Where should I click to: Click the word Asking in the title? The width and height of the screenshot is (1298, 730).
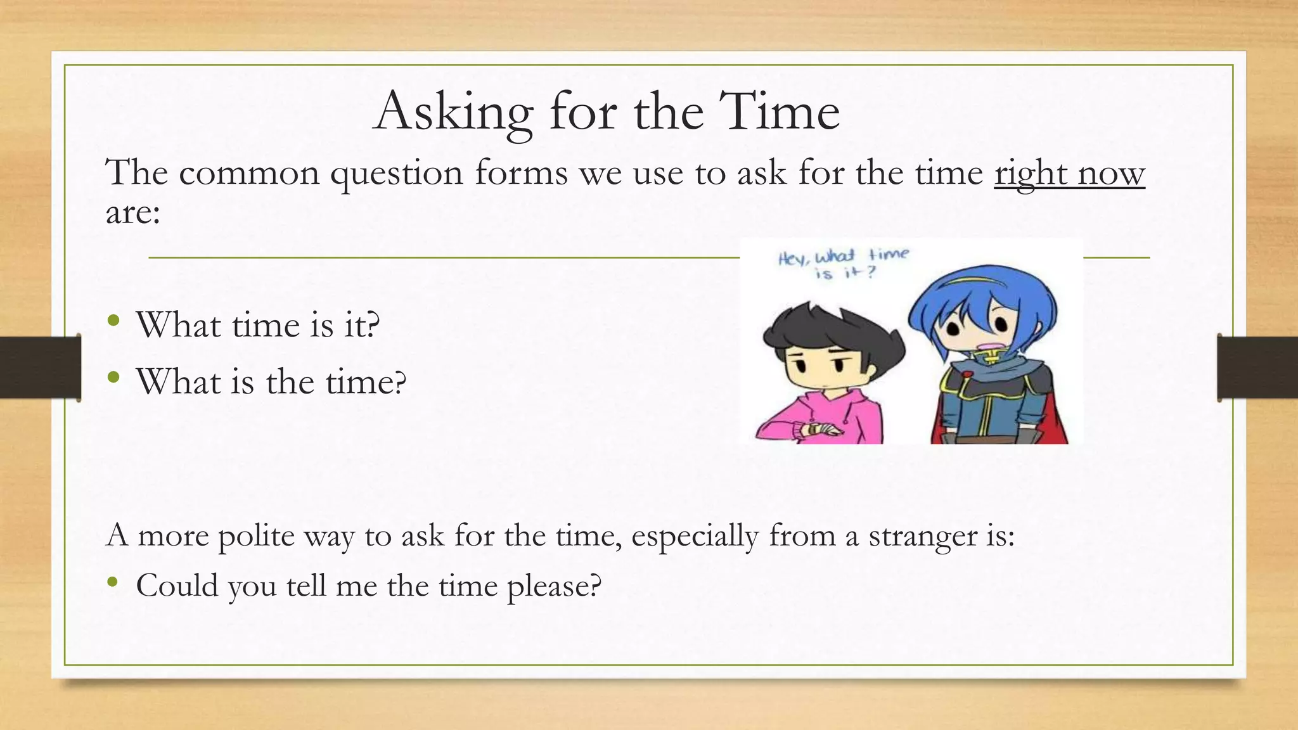tap(453, 113)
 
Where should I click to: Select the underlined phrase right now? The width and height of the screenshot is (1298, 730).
tap(1069, 173)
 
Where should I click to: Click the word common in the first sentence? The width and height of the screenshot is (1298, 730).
tap(249, 173)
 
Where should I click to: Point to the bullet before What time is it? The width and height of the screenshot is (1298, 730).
tap(113, 321)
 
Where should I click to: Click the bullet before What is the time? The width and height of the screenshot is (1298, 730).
tap(113, 378)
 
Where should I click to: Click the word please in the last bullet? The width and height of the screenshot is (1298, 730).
tap(553, 586)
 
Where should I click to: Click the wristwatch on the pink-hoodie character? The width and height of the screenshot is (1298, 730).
tap(814, 429)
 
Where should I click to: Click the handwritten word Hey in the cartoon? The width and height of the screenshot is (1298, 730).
tap(792, 259)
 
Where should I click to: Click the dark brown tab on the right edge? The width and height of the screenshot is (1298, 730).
tap(1257, 368)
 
